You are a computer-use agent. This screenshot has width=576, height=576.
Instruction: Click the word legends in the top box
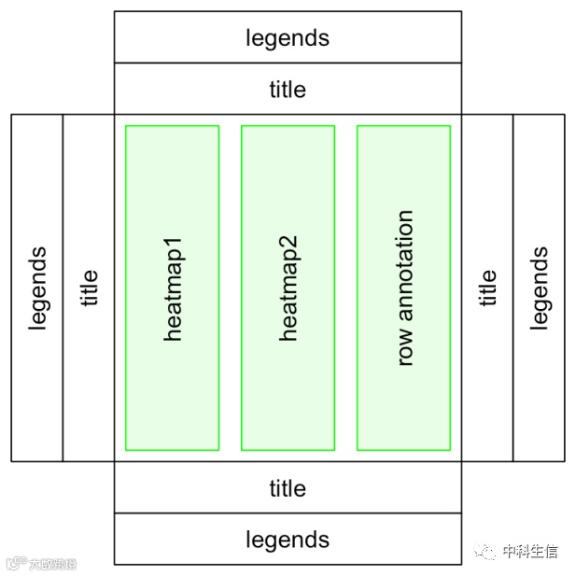288,38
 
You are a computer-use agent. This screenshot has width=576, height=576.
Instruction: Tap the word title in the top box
288,90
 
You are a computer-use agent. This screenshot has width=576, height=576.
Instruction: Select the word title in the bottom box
288,488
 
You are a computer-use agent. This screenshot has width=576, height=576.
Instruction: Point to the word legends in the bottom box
288,540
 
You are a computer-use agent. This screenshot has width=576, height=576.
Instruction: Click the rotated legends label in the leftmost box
37,288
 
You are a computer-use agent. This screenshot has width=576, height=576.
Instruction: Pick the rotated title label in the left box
89,288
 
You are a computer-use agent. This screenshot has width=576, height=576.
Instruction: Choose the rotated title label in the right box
487,288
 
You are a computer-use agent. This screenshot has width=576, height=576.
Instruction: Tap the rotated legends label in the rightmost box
539,288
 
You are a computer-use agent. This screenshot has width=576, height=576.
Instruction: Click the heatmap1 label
173,288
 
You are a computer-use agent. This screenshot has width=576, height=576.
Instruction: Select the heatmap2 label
288,288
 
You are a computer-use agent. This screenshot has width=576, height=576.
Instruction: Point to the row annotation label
404,288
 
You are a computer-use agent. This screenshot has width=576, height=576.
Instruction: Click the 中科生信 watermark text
529,551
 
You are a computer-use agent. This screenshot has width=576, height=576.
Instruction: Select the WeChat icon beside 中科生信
485,551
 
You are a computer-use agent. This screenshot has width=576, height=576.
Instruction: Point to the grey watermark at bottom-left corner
41,563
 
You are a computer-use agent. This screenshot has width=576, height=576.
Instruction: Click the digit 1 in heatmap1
173,241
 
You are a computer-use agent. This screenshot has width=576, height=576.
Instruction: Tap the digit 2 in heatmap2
288,241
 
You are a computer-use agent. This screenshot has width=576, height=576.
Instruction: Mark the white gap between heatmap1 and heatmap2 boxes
230,288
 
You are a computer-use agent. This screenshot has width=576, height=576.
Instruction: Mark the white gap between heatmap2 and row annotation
345,288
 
